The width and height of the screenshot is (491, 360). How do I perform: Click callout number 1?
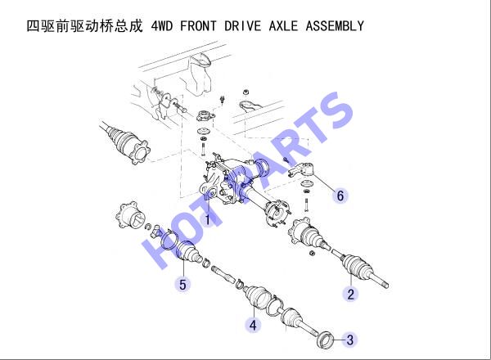point(207,219)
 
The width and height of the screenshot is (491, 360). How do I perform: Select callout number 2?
point(350,295)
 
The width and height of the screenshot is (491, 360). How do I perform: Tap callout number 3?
point(349,340)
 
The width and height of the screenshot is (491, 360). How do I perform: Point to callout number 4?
point(253,325)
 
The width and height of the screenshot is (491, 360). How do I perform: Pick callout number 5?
point(182,285)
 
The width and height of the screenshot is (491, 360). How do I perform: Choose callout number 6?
point(340,196)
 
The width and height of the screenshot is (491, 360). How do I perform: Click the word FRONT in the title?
point(198,25)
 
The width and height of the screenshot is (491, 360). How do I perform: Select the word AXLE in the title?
point(283,25)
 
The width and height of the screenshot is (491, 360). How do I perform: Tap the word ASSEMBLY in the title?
point(335,25)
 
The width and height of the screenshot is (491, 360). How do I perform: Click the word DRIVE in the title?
point(242,25)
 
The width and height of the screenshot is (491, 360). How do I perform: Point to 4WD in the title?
point(161,25)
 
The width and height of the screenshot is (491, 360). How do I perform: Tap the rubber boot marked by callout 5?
point(189,252)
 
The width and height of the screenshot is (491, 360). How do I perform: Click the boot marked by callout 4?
point(258,296)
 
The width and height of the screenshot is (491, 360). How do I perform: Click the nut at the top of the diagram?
point(245,92)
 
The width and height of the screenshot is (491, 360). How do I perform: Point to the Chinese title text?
point(84,25)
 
